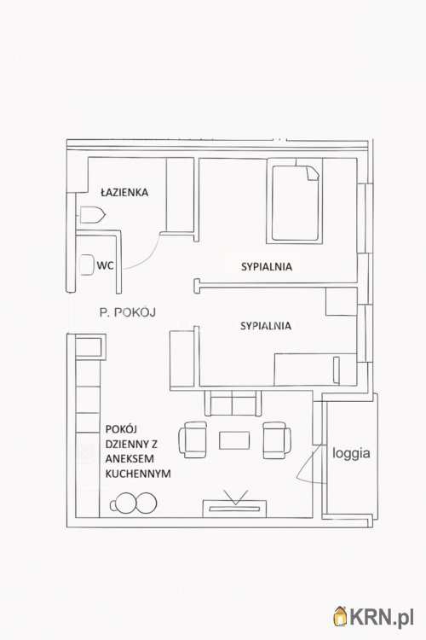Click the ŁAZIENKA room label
point(124,192)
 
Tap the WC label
point(105,265)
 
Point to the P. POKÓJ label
point(127,312)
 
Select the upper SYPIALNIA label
point(267,267)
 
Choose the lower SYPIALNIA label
point(266,326)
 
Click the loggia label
point(351,453)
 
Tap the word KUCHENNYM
point(138,474)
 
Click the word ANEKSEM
point(130,459)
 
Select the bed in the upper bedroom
point(295,201)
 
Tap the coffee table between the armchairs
point(234,440)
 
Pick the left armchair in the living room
point(193,440)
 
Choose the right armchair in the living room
point(277,440)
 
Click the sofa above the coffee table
point(233,403)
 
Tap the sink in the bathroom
point(93,215)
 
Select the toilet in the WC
point(87,265)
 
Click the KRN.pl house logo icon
point(340,616)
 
